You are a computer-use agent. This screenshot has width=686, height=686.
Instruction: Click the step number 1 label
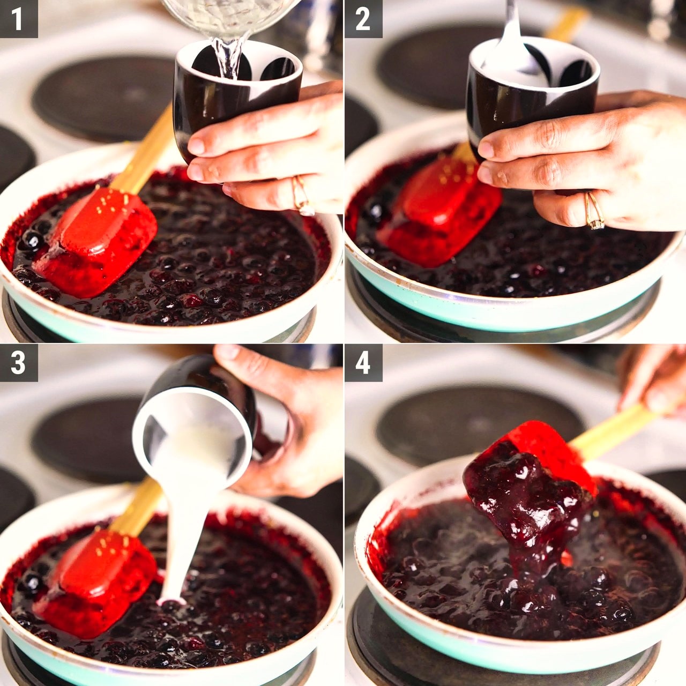point(18,19)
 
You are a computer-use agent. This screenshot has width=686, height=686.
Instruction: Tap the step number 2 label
point(363,19)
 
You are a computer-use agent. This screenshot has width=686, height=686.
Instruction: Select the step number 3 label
point(18,363)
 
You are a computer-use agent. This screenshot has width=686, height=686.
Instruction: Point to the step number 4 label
point(363,363)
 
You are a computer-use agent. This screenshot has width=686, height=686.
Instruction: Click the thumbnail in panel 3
point(228,351)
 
